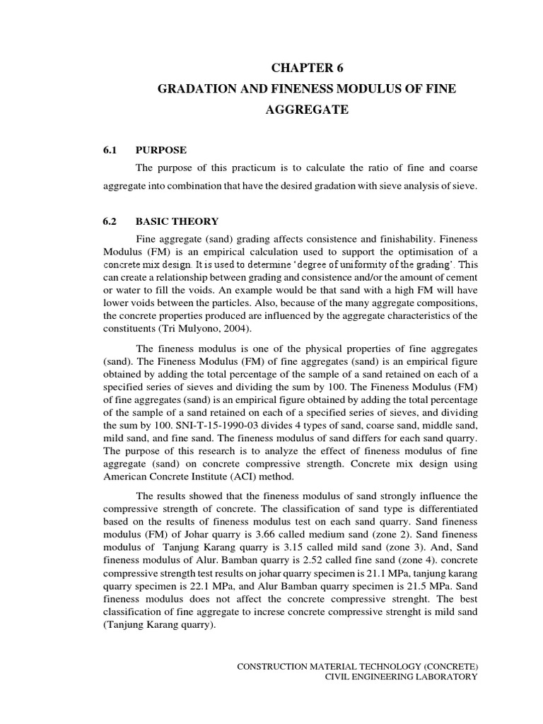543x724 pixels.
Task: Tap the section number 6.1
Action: pos(111,150)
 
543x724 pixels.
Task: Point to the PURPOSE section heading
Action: pos(161,150)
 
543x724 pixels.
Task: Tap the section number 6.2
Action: pos(111,221)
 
